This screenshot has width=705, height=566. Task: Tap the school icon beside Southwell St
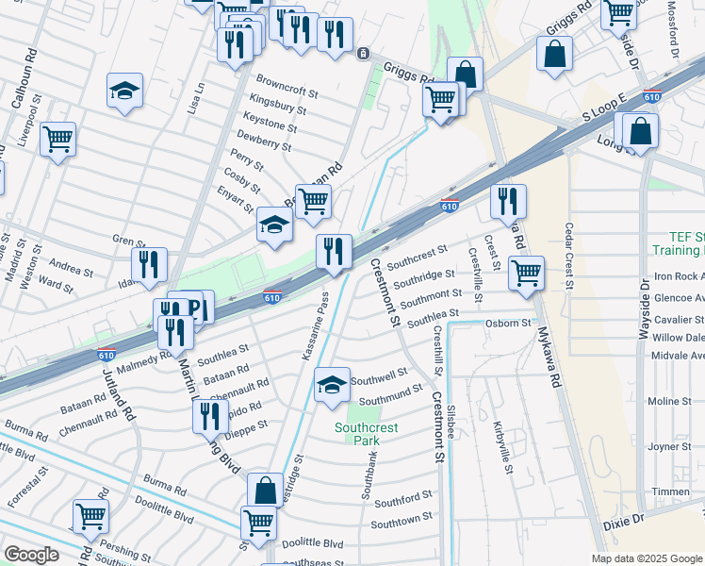[331, 386]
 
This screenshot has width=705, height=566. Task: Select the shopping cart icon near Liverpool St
[58, 141]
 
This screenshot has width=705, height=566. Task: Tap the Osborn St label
[509, 324]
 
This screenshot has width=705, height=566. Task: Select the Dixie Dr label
[624, 520]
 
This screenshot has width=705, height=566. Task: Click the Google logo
[31, 555]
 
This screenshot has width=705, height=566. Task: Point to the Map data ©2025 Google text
[647, 558]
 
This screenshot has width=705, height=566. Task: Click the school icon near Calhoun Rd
[124, 92]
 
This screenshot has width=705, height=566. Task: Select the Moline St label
[670, 401]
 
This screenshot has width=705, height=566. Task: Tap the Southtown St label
[402, 518]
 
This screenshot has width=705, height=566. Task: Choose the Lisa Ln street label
[197, 98]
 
